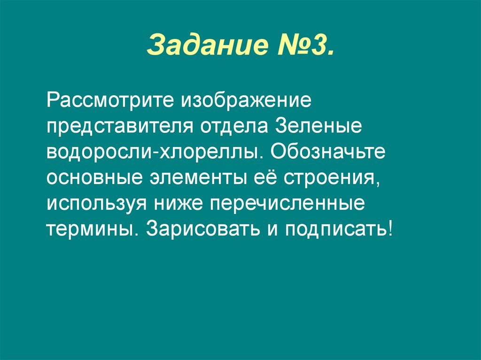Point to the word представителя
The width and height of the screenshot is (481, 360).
120,128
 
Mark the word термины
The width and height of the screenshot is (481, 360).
90,230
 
